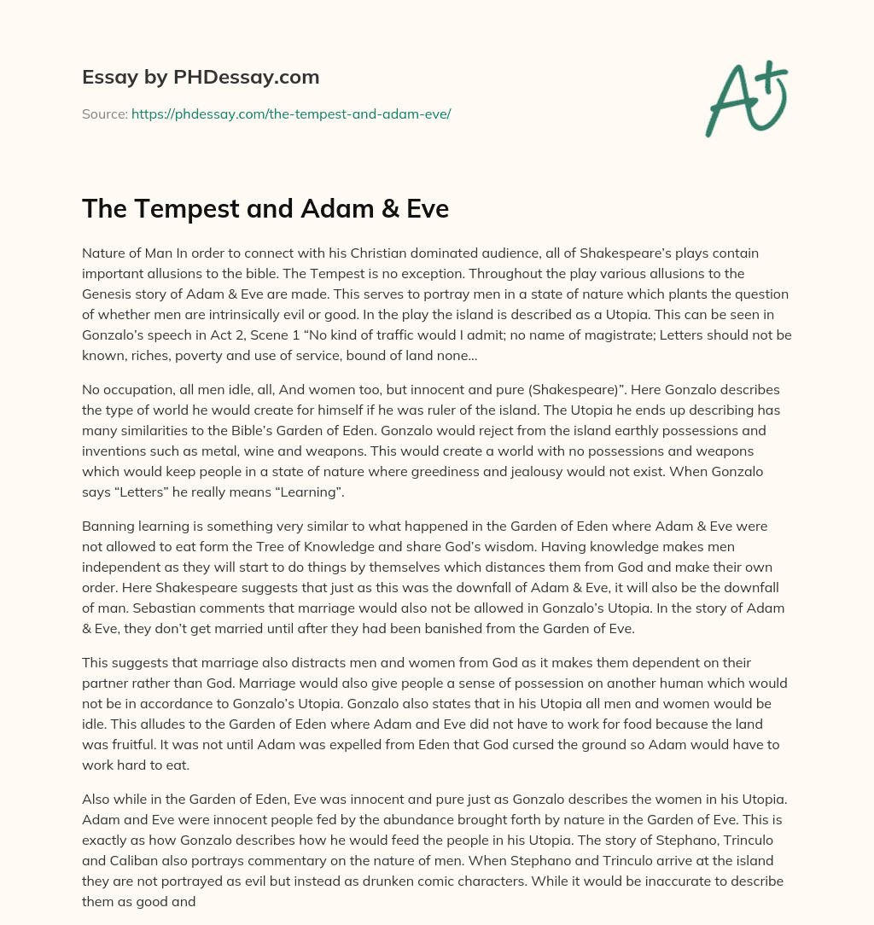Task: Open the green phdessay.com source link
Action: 290,113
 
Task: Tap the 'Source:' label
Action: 104,113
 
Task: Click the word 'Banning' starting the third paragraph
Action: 108,526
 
